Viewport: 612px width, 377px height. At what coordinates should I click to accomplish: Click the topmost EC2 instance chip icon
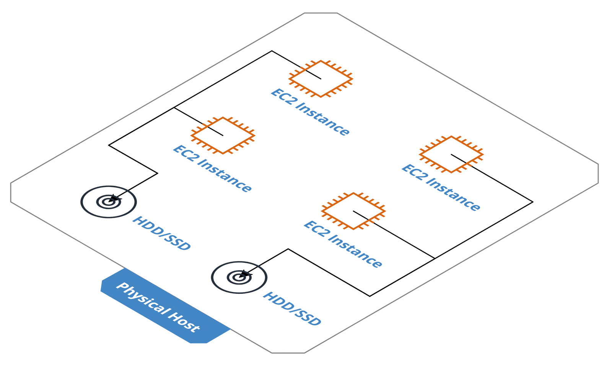[x=321, y=79]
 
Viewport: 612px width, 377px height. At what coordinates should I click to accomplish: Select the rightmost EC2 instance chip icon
[x=451, y=154]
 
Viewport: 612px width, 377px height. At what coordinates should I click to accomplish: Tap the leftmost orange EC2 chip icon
[x=223, y=136]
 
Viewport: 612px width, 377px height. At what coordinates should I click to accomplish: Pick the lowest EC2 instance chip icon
[x=353, y=211]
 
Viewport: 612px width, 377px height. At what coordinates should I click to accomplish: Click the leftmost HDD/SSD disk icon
[x=109, y=202]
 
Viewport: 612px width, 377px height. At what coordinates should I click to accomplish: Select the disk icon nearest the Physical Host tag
[x=239, y=277]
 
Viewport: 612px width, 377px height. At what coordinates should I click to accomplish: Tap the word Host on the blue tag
[x=184, y=322]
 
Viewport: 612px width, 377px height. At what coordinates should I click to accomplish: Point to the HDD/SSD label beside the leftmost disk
[x=161, y=233]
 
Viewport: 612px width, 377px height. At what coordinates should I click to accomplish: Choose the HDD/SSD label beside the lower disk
[x=292, y=309]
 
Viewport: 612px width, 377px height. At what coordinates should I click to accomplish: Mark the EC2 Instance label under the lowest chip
[x=343, y=244]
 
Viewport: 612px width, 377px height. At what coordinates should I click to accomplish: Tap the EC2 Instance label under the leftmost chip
[x=212, y=169]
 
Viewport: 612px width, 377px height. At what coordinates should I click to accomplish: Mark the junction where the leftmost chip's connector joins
[x=174, y=108]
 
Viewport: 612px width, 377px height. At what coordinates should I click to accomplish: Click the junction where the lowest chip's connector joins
[x=435, y=259]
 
